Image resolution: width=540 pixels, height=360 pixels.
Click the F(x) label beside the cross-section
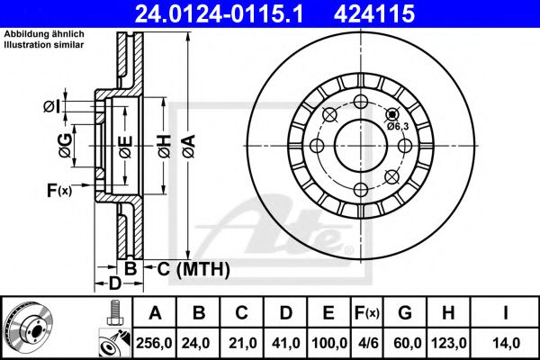(x=58, y=190)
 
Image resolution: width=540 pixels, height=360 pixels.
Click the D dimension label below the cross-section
(x=114, y=283)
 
